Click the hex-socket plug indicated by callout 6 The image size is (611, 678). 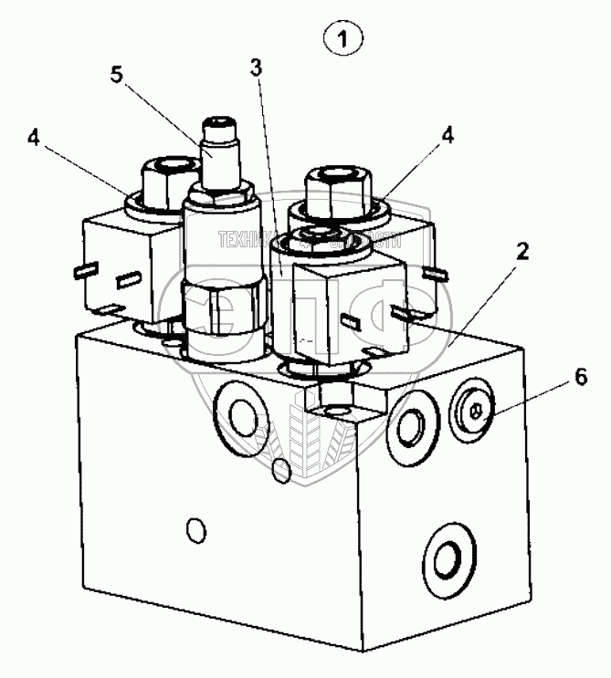472,415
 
